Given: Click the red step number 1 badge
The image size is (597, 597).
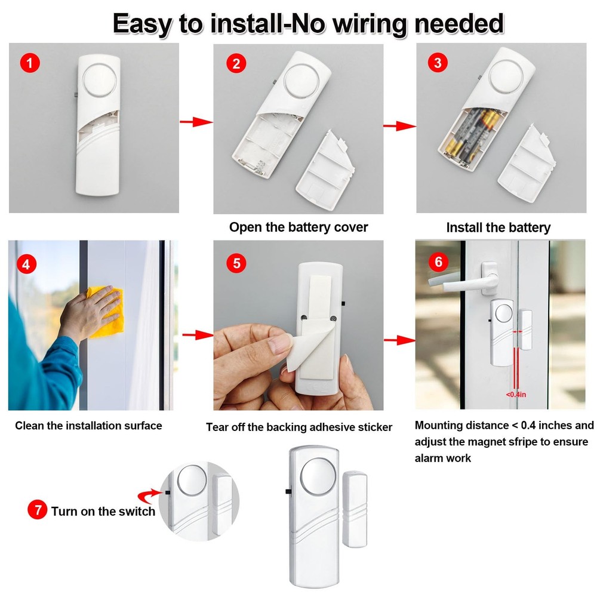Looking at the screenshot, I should (30, 63).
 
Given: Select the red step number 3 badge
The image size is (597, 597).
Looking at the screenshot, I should (439, 63).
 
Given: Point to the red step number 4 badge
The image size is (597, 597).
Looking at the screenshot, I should (25, 263).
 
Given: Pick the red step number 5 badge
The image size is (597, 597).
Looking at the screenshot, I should (236, 263).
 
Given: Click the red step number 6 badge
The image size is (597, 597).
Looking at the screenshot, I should (439, 262).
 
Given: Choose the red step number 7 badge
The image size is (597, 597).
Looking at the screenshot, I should (38, 511).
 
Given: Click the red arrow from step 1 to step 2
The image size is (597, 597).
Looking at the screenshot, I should (196, 122).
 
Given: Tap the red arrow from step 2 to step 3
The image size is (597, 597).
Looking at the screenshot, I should (399, 126).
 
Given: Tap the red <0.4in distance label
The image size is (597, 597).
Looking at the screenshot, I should (516, 395).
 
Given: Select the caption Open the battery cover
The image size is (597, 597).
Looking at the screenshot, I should (298, 227).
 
